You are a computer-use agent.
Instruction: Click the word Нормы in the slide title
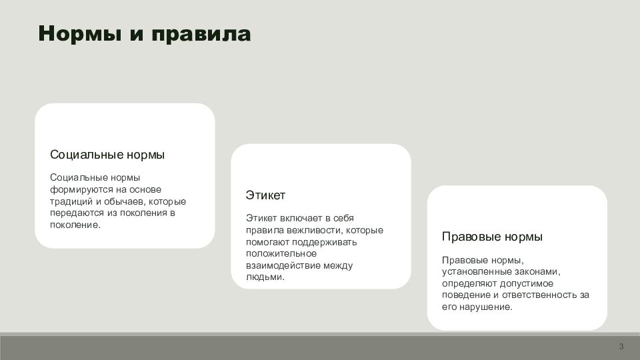80,33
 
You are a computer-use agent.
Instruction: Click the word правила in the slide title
201,34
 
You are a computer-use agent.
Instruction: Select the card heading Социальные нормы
107,155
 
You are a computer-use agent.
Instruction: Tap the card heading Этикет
265,195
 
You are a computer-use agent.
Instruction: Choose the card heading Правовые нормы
492,237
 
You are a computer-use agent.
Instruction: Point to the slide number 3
621,347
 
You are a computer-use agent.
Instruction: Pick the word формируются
76,190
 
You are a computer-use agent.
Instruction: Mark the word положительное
281,253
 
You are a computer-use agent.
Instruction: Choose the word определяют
469,284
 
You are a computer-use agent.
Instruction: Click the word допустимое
527,284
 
